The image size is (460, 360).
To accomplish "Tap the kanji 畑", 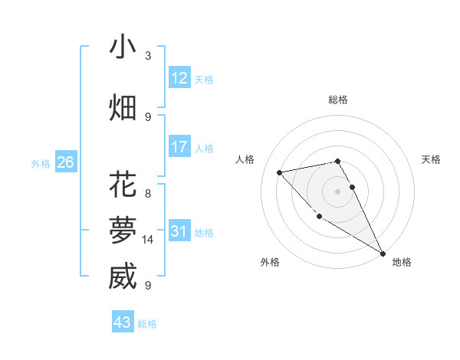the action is point(123,107).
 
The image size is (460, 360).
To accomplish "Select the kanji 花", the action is point(123,185).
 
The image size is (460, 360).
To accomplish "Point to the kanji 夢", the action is point(123,229).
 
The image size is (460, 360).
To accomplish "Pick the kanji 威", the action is point(123,276).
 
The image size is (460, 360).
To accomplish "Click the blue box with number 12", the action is point(179,77).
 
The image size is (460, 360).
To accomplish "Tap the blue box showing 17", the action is point(179,146).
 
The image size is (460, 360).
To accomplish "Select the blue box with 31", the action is point(179,231).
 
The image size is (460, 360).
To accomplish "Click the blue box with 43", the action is point(123,322).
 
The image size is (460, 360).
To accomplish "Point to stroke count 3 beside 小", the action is point(148,56).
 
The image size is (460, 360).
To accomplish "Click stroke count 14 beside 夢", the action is point(148,240).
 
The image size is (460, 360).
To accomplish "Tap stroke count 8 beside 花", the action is point(148,194).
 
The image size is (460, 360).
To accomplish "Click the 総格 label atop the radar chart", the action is point(338,100).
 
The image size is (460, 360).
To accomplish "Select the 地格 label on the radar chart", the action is point(402,262).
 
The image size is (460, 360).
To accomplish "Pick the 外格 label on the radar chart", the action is point(270,262).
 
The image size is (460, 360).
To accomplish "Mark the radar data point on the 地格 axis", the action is point(383,254).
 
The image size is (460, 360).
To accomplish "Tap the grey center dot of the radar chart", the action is point(337,191).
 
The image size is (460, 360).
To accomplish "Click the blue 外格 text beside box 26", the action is point(41,163).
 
